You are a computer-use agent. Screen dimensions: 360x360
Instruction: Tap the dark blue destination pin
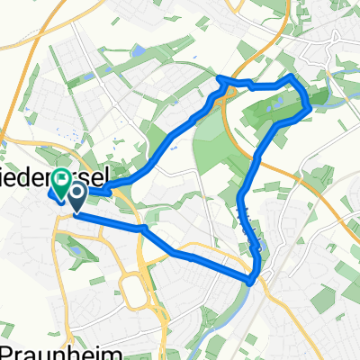pyautogui.click(x=76, y=196)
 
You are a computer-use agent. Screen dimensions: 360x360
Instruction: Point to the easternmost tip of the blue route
pyautogui.click(x=310, y=109)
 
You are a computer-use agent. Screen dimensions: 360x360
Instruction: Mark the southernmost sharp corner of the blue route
pyautogui.click(x=249, y=281)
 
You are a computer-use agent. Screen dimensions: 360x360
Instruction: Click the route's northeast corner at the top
pyautogui.click(x=290, y=78)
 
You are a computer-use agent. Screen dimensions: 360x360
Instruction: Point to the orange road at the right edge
pyautogui.click(x=351, y=225)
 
